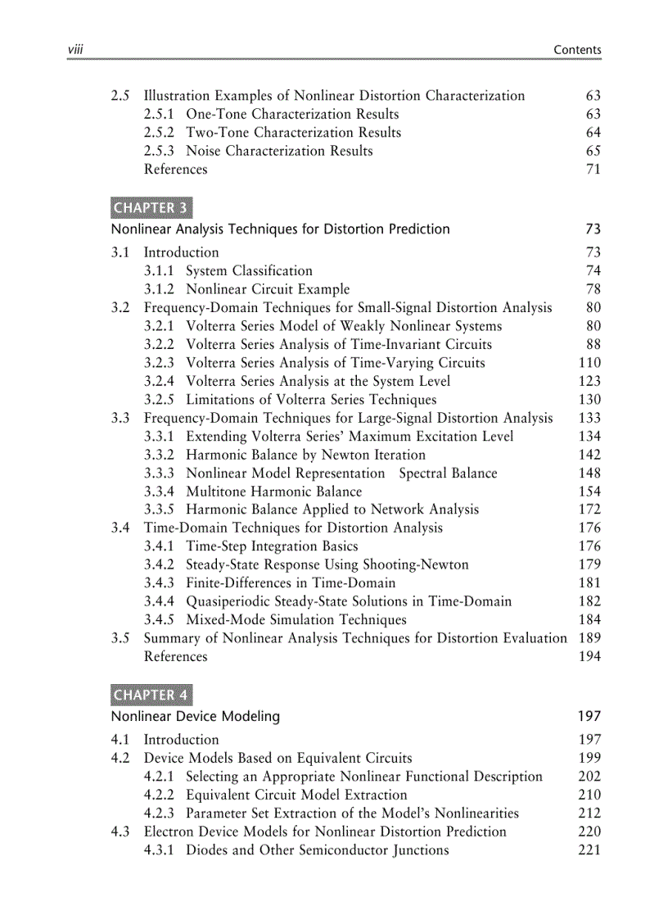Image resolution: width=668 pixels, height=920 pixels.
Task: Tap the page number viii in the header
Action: tap(77, 50)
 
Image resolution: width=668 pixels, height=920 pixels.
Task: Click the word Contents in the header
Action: tap(577, 50)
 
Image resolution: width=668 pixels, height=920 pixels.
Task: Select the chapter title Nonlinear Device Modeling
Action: tap(196, 716)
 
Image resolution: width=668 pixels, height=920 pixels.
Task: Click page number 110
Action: tap(589, 363)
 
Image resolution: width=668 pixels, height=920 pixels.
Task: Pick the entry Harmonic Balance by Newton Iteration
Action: tap(305, 455)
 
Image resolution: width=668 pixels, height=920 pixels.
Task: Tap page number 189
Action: tap(589, 638)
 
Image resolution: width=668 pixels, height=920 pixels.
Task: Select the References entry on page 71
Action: tap(175, 170)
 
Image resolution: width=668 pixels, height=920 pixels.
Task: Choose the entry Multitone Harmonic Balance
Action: tap(273, 492)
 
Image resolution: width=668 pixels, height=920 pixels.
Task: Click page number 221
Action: tap(589, 850)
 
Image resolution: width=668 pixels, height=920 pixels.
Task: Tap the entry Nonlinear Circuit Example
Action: tap(267, 289)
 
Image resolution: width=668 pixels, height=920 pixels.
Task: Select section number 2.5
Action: tap(120, 96)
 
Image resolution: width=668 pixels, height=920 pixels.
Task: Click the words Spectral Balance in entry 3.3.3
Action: tap(448, 474)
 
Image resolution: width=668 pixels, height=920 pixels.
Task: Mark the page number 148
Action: tap(589, 474)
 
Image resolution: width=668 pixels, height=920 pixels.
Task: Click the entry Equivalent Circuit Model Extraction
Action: tap(296, 795)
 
